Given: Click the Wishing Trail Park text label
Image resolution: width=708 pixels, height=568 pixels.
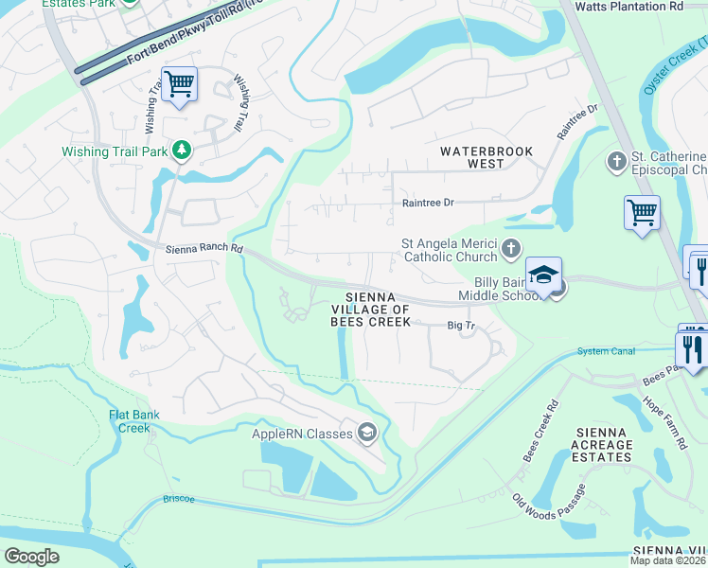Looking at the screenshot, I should pos(114,151).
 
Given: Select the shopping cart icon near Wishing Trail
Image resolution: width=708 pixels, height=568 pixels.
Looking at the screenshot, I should pos(179,84).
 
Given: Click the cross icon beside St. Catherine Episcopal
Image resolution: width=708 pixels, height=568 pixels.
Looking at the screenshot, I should pos(616,162).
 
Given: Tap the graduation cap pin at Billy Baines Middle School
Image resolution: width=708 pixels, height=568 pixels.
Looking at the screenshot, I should pos(544,275).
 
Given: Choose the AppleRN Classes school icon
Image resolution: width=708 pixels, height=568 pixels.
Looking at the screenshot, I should pos(366,434).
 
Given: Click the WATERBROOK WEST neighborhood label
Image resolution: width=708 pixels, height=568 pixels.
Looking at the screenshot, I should pos(486,157).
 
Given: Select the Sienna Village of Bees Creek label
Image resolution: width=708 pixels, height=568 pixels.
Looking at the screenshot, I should pos(371,310).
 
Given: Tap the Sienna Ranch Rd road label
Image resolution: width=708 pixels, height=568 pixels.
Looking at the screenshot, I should pos(204,250).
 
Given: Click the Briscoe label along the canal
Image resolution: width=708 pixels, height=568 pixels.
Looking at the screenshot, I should pos(178,497).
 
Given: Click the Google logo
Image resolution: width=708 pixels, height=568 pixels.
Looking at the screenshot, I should pos(32,557).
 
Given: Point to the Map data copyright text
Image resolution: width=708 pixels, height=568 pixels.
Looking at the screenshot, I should pos(668,560).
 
